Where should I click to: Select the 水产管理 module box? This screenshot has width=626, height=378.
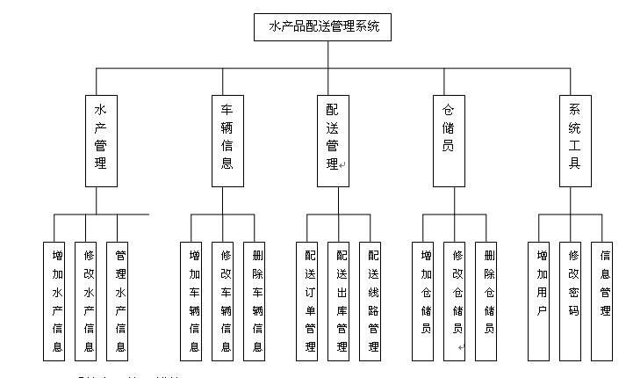[x=101, y=140]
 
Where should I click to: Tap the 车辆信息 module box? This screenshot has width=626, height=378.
[x=227, y=140]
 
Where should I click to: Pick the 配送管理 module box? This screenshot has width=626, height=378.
[x=333, y=140]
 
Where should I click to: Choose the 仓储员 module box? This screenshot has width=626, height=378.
[x=449, y=140]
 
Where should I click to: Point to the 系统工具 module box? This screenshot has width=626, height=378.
[x=575, y=140]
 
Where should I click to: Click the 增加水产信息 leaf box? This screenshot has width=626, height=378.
[x=56, y=301]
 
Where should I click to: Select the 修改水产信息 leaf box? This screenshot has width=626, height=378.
[x=88, y=301]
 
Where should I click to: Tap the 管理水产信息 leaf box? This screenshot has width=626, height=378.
[x=120, y=301]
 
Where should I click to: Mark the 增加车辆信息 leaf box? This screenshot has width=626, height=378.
[x=193, y=301]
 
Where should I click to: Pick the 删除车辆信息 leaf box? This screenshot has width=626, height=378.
[x=257, y=301]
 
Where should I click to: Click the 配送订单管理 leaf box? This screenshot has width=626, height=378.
[x=310, y=301]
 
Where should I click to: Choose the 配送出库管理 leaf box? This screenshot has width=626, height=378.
[x=342, y=301]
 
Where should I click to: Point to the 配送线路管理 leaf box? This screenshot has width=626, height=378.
[x=373, y=301]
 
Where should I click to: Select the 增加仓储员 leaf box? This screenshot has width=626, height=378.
[x=426, y=301]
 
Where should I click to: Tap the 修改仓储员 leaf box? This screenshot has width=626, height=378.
[x=457, y=301]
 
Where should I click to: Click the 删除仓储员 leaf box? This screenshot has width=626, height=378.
[x=489, y=301]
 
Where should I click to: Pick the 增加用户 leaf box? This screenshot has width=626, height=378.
[x=542, y=301]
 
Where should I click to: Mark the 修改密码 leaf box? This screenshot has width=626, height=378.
[x=573, y=301]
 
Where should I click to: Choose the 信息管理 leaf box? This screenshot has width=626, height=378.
[x=605, y=301]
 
